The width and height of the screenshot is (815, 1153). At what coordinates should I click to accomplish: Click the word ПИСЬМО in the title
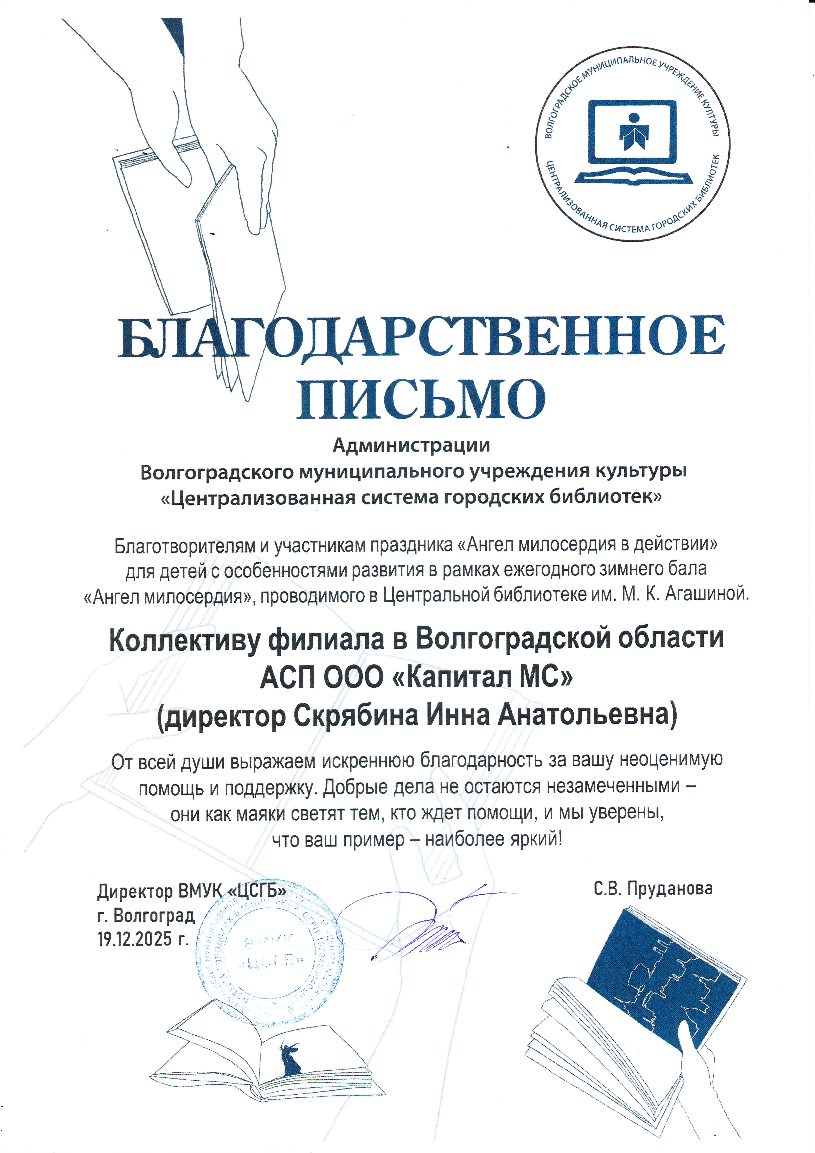(421, 400)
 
